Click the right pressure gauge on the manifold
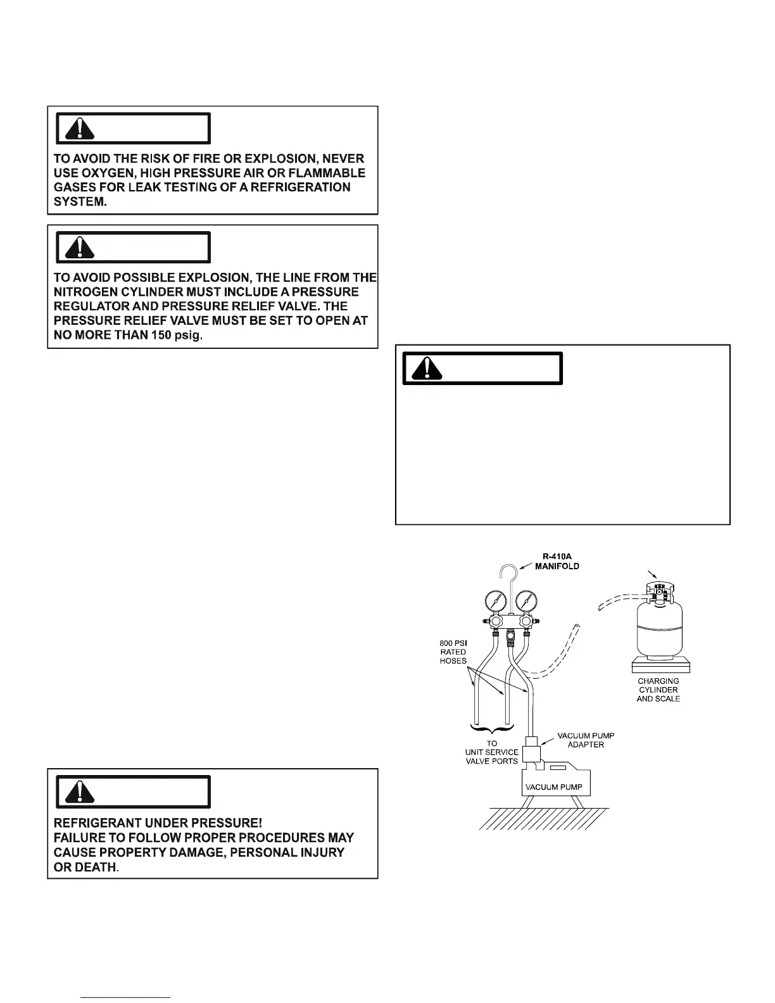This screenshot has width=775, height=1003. [527, 600]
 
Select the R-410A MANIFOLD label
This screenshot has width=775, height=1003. [557, 561]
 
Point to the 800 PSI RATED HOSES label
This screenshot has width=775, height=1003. [453, 652]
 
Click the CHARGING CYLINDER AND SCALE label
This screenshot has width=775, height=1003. [658, 690]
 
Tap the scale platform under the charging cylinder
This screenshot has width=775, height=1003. [660, 666]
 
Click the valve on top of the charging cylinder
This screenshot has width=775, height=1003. [658, 592]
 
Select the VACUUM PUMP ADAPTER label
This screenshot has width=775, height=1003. [586, 740]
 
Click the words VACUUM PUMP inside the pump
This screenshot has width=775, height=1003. [550, 787]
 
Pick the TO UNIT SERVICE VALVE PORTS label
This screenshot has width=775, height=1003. [492, 752]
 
